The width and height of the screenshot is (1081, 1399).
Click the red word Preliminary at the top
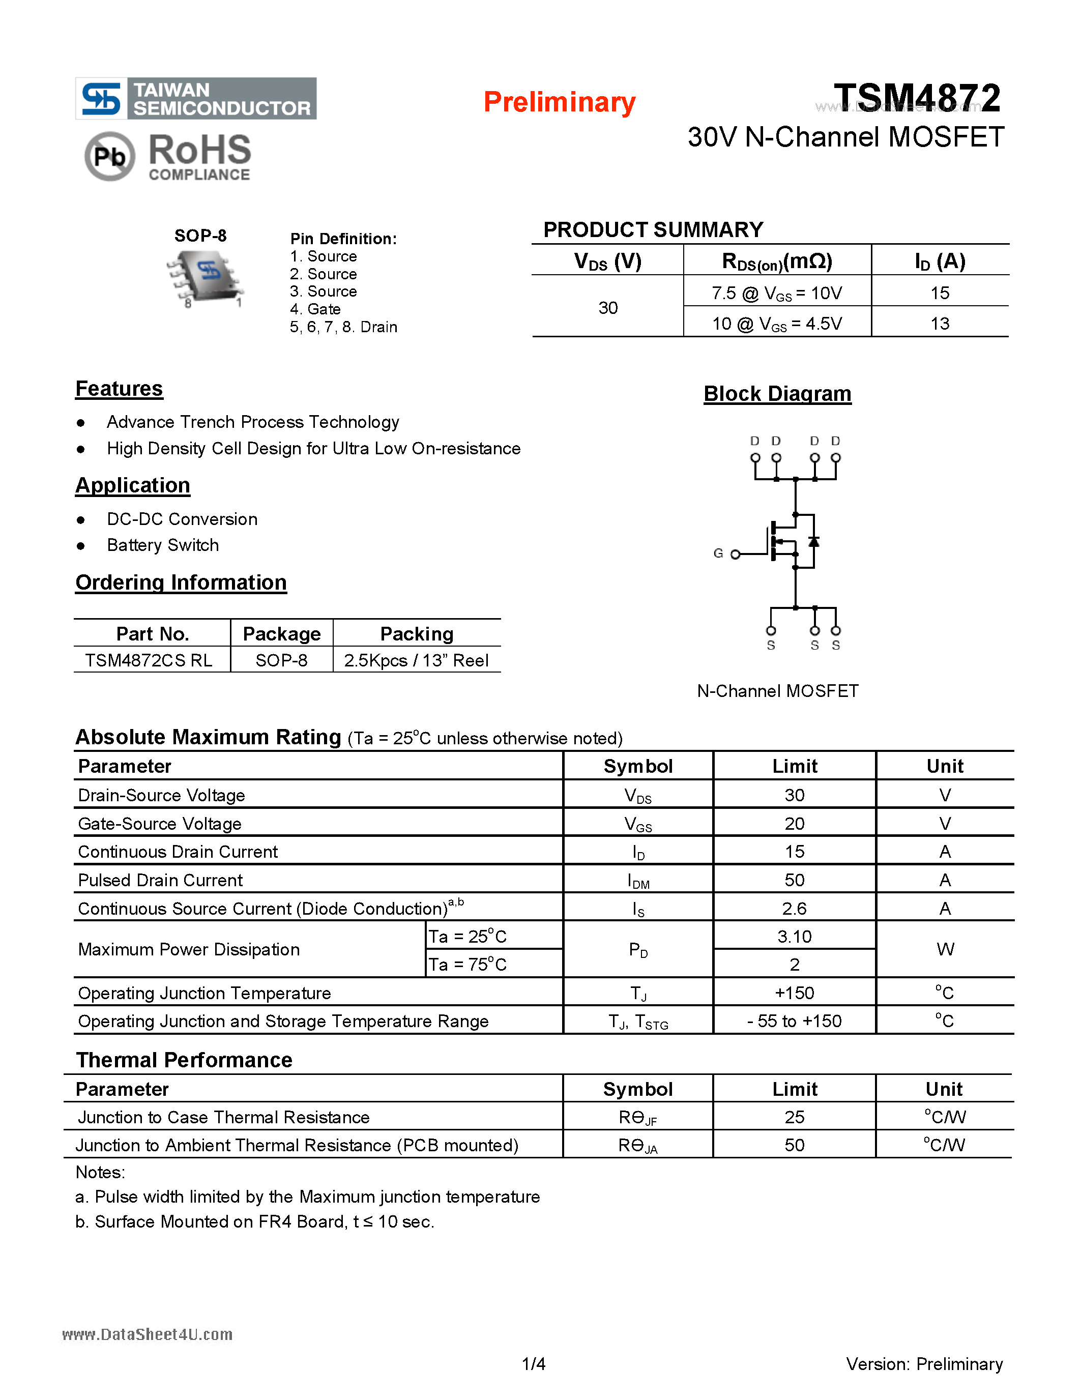pos(559,102)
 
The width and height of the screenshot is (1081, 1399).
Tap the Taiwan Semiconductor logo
pos(196,99)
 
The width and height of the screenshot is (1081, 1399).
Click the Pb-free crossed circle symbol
pos(109,156)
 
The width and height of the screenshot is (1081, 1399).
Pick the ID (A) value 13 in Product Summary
pos(939,324)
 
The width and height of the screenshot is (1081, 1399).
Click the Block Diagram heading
pos(777,393)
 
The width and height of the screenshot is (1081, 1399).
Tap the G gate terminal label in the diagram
pos(718,553)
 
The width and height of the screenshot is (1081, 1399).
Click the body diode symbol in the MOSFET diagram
pos(813,541)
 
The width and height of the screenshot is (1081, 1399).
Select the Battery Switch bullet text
pos(163,545)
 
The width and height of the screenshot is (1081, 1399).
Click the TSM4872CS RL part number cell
pos(149,660)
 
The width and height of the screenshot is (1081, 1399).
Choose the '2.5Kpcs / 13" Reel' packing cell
pos(416,660)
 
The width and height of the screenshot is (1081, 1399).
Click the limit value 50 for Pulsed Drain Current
pos(794,880)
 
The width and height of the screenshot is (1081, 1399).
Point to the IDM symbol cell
pos(638,882)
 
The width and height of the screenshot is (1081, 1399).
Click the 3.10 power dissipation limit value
pos(794,937)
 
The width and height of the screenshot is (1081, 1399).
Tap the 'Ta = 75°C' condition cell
pos(467,965)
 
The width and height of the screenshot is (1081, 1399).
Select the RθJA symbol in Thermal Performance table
pos(637,1146)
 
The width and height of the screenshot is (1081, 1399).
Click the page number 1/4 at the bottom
pos(534,1364)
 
